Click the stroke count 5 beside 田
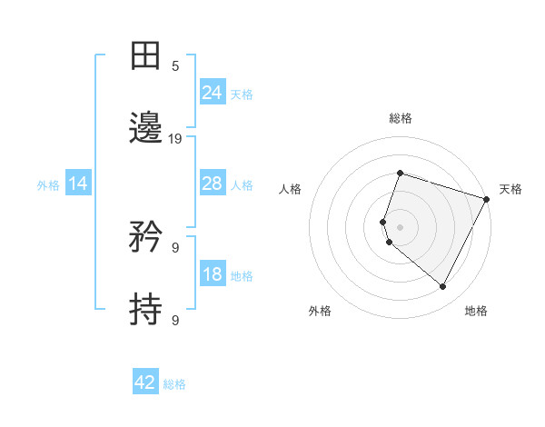coord(175,66)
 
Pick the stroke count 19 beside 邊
coord(175,139)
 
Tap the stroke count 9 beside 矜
coord(175,247)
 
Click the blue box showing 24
coord(212,92)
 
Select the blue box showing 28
coord(212,184)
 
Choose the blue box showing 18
coord(212,274)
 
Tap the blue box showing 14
coord(78,184)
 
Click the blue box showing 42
coord(145,382)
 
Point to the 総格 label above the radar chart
coord(401,118)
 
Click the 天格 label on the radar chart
coord(510,189)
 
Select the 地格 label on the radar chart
coord(476,312)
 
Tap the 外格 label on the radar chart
coord(320,312)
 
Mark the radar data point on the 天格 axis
coord(487,199)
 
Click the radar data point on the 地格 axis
coord(443,287)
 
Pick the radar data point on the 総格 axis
coord(400,173)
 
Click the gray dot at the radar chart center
coord(400,226)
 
